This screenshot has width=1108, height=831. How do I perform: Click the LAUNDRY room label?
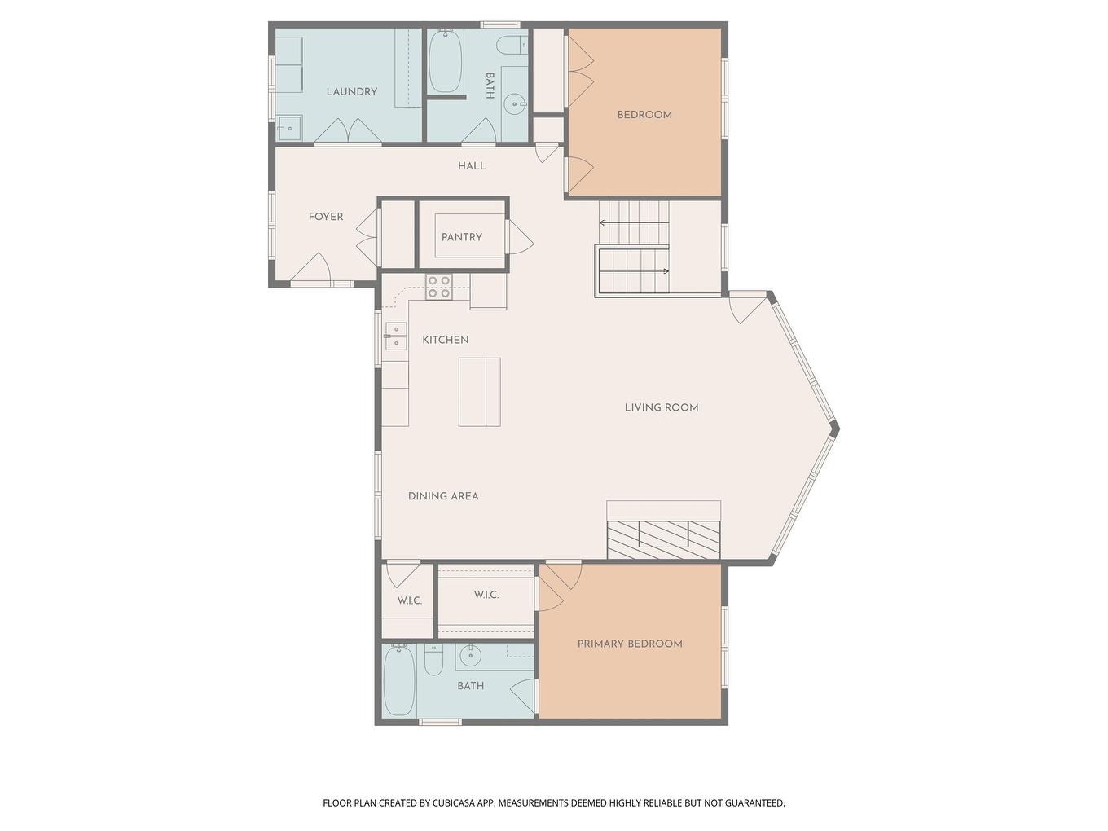point(351,92)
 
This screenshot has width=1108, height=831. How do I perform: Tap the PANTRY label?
point(461,237)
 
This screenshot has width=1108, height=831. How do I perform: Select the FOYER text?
point(326,217)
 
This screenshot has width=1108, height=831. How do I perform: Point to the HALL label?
point(472,166)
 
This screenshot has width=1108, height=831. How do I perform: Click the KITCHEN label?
point(445,340)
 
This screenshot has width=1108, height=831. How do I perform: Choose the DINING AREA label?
point(442,496)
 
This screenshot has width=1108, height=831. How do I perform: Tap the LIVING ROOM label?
point(662,407)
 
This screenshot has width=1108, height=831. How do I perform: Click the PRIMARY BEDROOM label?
point(630,644)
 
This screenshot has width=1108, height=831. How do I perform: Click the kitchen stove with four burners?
point(438,287)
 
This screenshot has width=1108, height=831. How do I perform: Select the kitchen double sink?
point(396,336)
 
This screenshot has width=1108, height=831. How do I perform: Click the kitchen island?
point(479,392)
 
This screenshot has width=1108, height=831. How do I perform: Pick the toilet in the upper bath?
point(512,46)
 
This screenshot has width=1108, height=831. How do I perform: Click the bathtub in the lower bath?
point(399,679)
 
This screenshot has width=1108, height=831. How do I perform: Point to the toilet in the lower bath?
point(433,660)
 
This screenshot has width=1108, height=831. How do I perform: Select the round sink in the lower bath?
point(470,655)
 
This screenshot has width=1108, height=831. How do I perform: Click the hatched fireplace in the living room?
point(663,540)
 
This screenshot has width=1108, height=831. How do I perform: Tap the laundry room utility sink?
point(289,128)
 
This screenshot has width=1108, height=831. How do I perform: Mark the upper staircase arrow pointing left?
point(634,222)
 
